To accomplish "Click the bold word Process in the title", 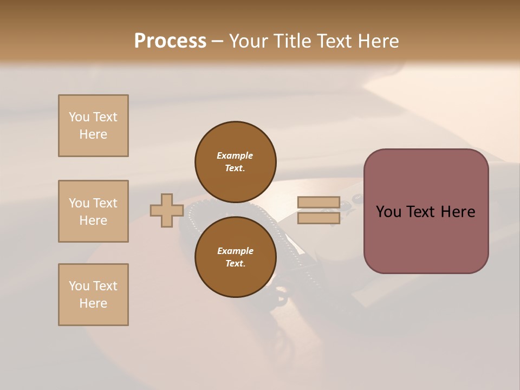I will coord(170,41).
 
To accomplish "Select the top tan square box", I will coord(93,126).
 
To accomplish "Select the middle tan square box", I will coord(93,211).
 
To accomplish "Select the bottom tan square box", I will coord(93,295).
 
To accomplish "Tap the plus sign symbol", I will coord(167,210).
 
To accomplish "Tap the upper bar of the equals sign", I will coord(318,203).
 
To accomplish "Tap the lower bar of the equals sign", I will coord(318,218).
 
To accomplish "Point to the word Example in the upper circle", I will coord(235,155).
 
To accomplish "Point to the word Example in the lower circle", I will coord(235,251).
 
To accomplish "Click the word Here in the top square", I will coord(93,134).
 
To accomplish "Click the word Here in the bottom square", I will coord(93,303).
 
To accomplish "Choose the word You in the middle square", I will coord(79,203).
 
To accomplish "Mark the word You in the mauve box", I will coord(388,212).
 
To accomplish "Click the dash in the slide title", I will coord(217,41).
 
